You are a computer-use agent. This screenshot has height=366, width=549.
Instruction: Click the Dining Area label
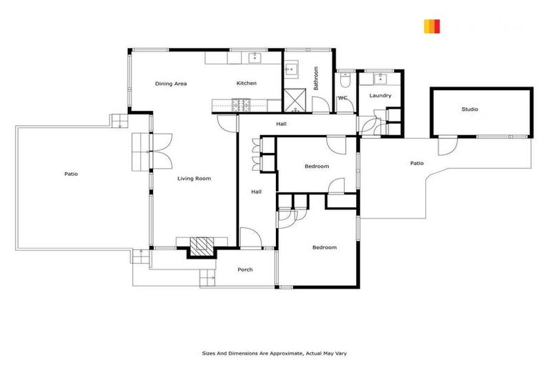pyautogui.click(x=171, y=84)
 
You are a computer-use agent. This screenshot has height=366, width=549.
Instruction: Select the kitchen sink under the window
pyautogui.click(x=254, y=58)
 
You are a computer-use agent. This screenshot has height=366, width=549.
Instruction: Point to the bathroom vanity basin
pyautogui.click(x=292, y=70)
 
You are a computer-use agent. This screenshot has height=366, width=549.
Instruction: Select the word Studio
pyautogui.click(x=470, y=109)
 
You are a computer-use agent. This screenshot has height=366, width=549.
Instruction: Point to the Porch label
pyautogui.click(x=245, y=269)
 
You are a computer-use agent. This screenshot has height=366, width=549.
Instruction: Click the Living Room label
pyautogui.click(x=194, y=178)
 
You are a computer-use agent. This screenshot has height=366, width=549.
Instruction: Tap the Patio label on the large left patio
pyautogui.click(x=71, y=174)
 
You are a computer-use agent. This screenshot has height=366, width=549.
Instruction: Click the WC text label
pyautogui.click(x=342, y=97)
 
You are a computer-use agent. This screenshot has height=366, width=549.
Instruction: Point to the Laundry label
pyautogui.click(x=380, y=96)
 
